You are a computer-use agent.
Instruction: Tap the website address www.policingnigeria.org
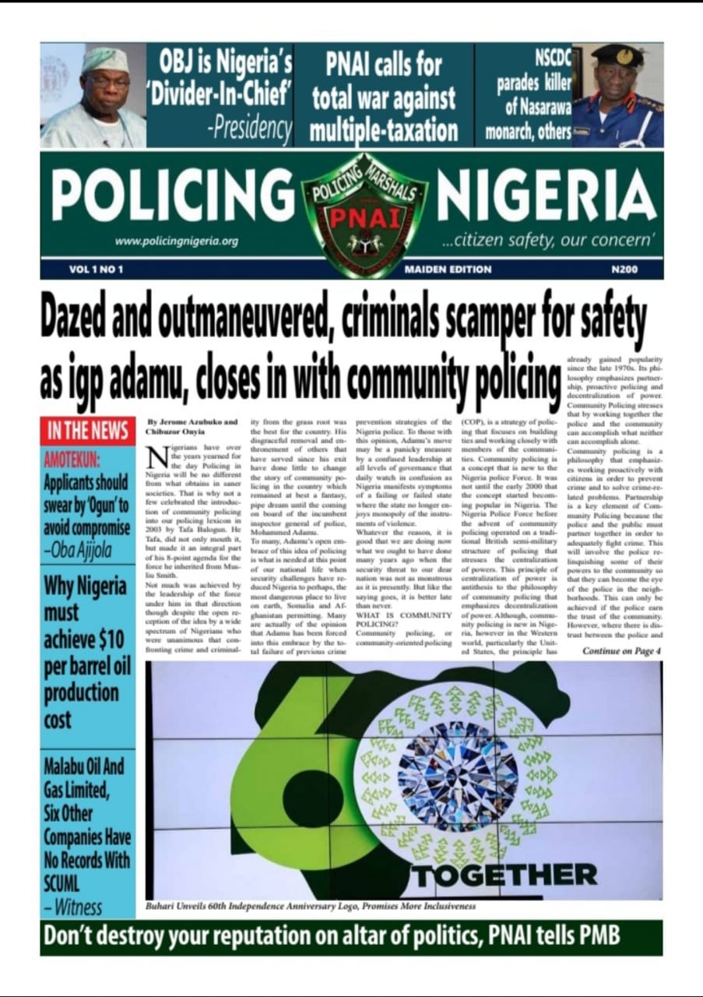click(x=176, y=241)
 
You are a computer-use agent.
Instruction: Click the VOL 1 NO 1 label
click(x=96, y=270)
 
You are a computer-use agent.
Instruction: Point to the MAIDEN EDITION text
click(x=448, y=270)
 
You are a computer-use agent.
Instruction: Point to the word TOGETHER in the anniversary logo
click(x=504, y=874)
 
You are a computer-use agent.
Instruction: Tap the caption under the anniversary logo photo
click(x=311, y=907)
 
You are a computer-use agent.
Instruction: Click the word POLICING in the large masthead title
click(x=173, y=196)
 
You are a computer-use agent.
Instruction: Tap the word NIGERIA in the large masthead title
click(x=546, y=196)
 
